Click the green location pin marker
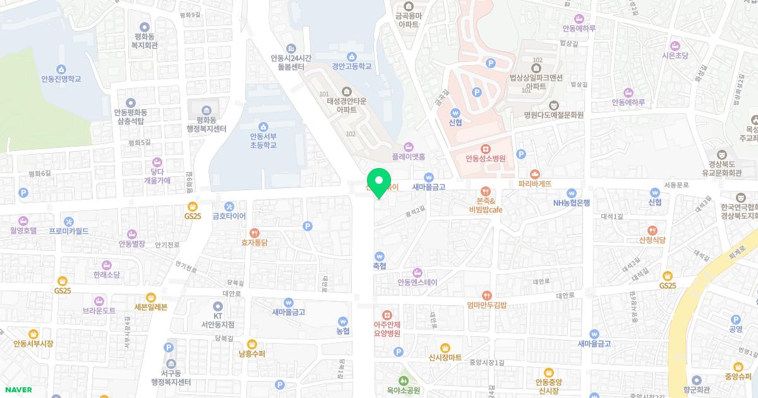click(379, 183)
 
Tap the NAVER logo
click(18, 390)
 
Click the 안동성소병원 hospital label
click(485, 159)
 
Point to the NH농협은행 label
click(571, 203)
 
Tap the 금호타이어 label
click(229, 215)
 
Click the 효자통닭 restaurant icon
click(255, 232)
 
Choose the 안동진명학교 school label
click(61, 79)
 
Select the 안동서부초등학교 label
click(263, 140)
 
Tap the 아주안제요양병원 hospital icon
click(387, 315)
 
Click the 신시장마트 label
click(445, 357)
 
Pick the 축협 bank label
click(379, 266)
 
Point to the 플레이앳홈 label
click(408, 155)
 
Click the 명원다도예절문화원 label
click(553, 115)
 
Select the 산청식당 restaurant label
click(652, 240)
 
